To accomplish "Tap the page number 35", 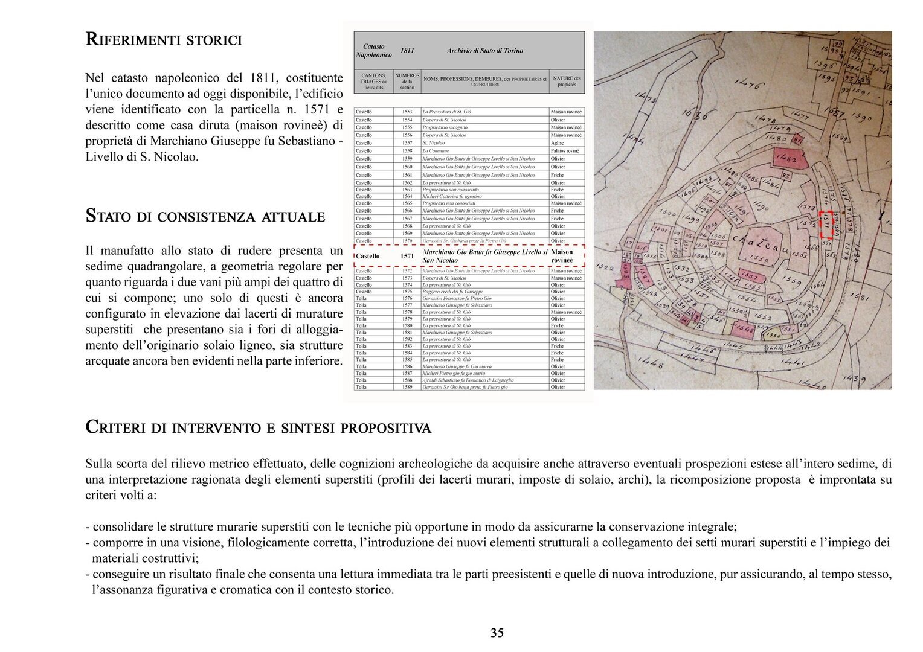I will click(497, 633).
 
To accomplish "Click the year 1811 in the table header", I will click(407, 51).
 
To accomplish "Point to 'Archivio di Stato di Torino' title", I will click(484, 51).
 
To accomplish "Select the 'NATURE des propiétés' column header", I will click(567, 81).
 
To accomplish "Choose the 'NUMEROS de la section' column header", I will click(407, 81).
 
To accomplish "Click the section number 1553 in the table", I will click(407, 112).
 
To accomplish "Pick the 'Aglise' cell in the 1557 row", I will click(557, 143).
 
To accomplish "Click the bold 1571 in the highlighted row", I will click(407, 256).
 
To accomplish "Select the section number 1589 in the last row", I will click(407, 387).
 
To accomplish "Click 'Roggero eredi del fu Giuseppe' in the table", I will click(452, 292).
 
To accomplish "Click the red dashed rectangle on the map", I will click(826, 225).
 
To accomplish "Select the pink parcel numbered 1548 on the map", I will click(744, 329).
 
